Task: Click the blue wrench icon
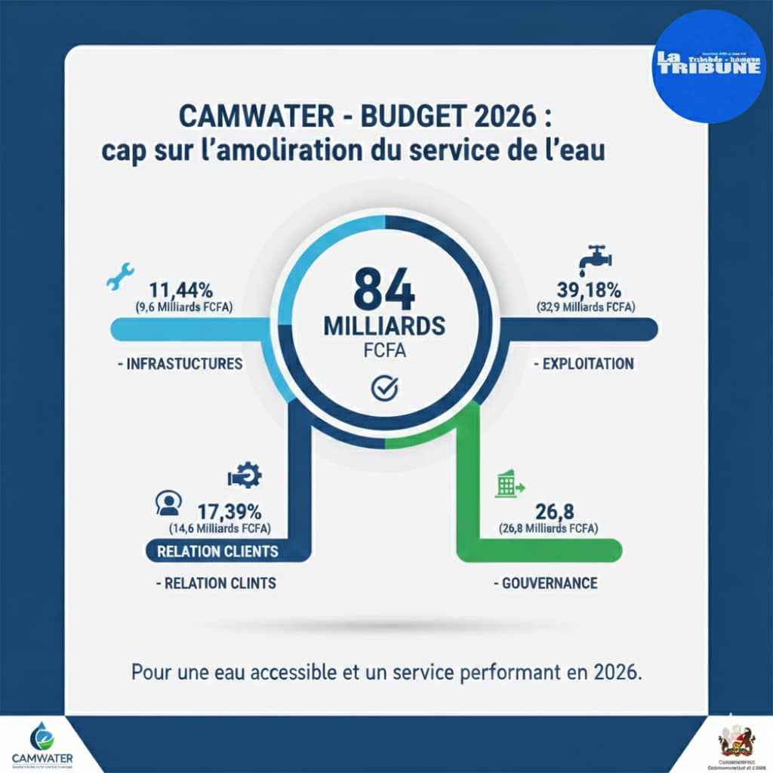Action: (x=120, y=277)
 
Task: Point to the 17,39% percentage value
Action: (x=229, y=510)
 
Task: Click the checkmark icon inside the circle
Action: (x=385, y=388)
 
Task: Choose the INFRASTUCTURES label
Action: (x=180, y=364)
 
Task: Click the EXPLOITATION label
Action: (x=583, y=364)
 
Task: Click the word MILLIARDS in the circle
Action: (x=383, y=326)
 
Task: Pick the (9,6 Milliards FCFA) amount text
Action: (x=184, y=307)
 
